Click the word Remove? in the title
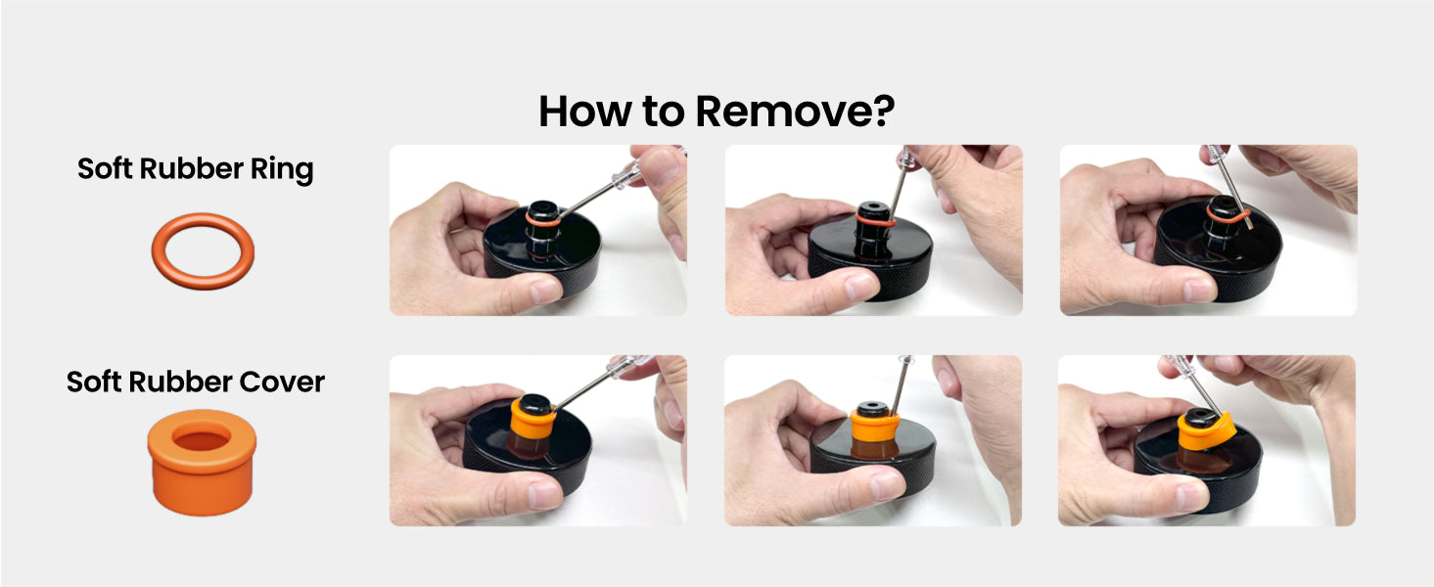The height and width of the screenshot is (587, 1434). tap(795, 112)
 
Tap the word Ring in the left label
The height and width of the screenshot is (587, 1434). tap(282, 169)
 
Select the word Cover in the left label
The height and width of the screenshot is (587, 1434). tap(282, 382)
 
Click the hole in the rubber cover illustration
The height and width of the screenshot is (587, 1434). tap(202, 440)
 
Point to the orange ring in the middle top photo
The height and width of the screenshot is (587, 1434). tap(875, 222)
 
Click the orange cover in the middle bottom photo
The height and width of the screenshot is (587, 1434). tap(873, 425)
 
